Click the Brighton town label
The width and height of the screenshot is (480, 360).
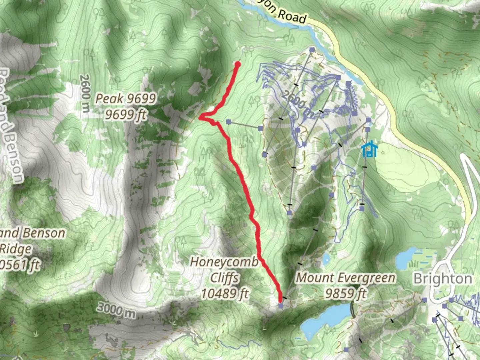pos(443,279)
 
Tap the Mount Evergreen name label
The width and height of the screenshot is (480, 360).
pos(346,278)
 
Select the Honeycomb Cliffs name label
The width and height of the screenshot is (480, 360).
pos(224,262)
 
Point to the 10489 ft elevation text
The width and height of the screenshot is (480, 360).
pos(225,294)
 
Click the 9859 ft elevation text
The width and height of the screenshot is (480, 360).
pos(346,293)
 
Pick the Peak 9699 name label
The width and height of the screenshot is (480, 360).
pos(126,98)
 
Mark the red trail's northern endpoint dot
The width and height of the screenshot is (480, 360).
pos(238,64)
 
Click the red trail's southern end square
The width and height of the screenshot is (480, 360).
pos(281,305)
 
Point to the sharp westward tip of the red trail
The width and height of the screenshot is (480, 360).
pos(200,117)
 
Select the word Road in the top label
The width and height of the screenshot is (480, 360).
pos(292,16)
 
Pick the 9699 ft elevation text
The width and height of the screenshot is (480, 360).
pos(126,114)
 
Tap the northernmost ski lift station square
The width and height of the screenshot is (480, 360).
pos(312,50)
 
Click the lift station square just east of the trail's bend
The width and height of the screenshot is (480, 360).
pos(229,122)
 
